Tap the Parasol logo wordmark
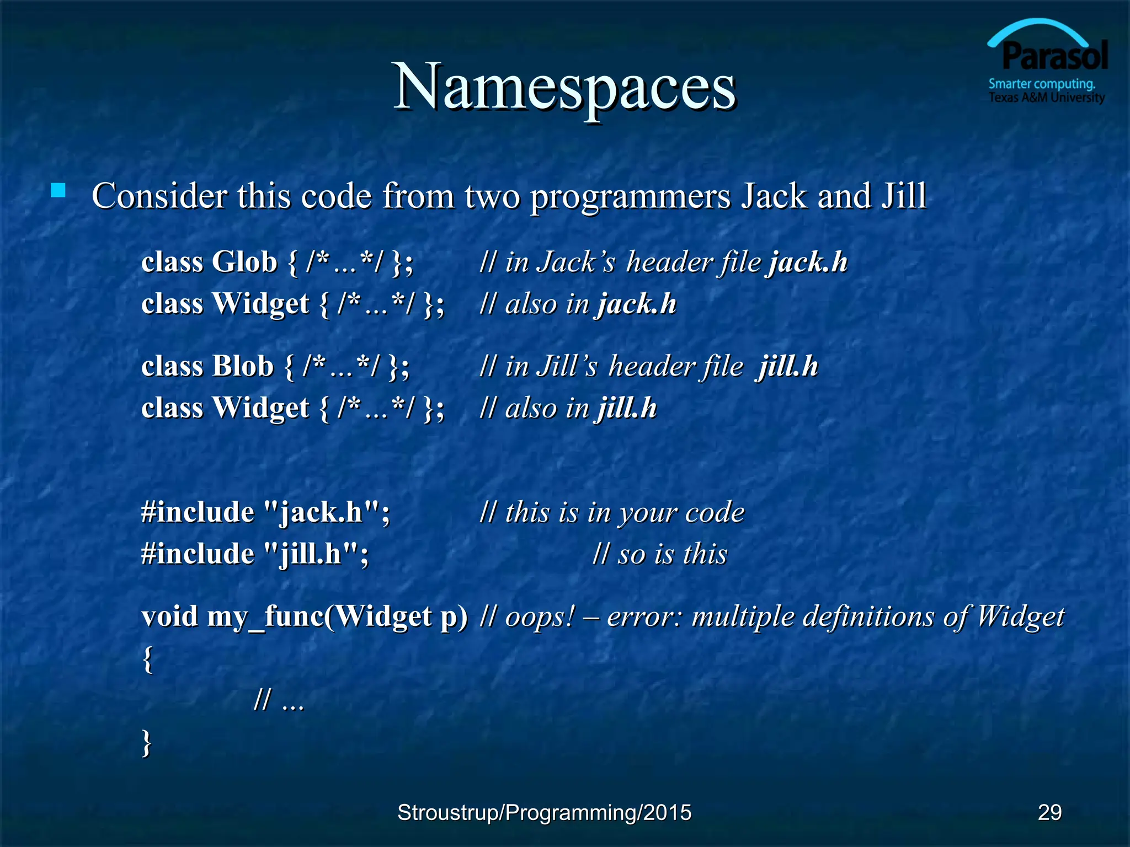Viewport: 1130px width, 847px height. [1054, 57]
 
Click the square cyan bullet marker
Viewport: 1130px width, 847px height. [58, 191]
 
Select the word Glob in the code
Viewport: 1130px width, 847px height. [244, 262]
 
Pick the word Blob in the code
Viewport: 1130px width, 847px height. [243, 366]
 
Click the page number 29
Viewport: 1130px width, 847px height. [1049, 812]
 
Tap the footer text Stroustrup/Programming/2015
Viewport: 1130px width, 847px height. [544, 812]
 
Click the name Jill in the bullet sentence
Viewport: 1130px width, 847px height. [904, 196]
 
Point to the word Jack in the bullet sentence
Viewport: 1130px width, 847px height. [774, 196]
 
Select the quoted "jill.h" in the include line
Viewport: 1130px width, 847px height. [312, 554]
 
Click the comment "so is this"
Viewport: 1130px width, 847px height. [660, 554]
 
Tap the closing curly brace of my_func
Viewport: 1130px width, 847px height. [147, 742]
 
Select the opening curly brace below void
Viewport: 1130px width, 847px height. [147, 659]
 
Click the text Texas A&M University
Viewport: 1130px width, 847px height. [1046, 98]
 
